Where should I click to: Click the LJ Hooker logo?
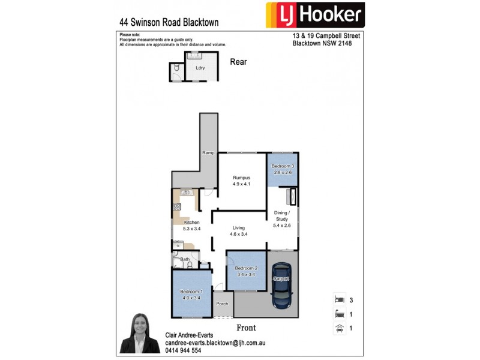(x=315, y=14)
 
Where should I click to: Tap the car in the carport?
(x=281, y=290)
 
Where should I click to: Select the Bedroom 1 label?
(x=193, y=294)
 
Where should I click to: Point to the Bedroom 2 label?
(x=246, y=271)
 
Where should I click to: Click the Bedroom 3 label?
(x=282, y=169)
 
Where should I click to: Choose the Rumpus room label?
(x=241, y=181)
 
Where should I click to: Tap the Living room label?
(x=239, y=230)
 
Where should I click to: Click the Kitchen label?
(x=191, y=225)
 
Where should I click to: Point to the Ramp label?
(x=208, y=153)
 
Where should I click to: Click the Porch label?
(x=222, y=304)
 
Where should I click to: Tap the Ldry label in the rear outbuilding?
(x=200, y=68)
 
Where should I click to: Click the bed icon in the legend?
(x=340, y=298)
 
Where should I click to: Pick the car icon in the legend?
(x=340, y=328)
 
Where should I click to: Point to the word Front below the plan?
(x=246, y=328)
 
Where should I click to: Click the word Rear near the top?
(x=239, y=61)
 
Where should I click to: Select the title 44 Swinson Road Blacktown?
(x=169, y=22)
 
